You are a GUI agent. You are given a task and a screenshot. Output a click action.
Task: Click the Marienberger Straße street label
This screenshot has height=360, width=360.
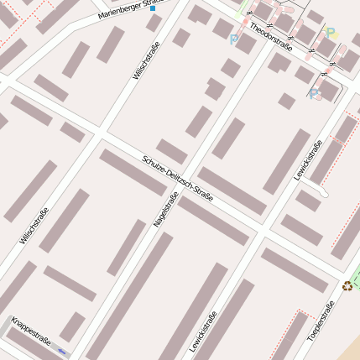pos(130,8)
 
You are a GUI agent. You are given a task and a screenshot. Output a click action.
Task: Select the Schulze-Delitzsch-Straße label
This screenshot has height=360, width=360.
pos(178,179)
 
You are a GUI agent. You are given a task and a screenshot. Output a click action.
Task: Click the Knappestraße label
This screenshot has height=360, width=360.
pos(31,331)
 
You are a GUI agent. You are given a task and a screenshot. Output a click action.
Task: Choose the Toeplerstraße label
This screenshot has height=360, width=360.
pos(321,320)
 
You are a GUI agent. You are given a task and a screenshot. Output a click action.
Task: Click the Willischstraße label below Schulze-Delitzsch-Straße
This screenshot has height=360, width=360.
pos(34,225)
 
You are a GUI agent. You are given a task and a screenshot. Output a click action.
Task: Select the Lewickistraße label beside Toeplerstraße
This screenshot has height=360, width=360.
pos(203,331)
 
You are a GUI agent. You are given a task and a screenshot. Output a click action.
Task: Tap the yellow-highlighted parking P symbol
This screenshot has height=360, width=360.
pos(331,34)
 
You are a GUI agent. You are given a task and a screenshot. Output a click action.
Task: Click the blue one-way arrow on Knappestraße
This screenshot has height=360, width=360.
pos(61,352)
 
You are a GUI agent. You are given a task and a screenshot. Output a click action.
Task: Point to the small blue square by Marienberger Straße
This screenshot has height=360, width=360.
pos(153,8)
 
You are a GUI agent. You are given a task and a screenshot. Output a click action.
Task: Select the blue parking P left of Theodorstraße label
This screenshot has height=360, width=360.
pos(233,39)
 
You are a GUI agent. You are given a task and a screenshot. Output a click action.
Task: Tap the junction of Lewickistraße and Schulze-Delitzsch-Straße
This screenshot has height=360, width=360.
pos(263,228)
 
